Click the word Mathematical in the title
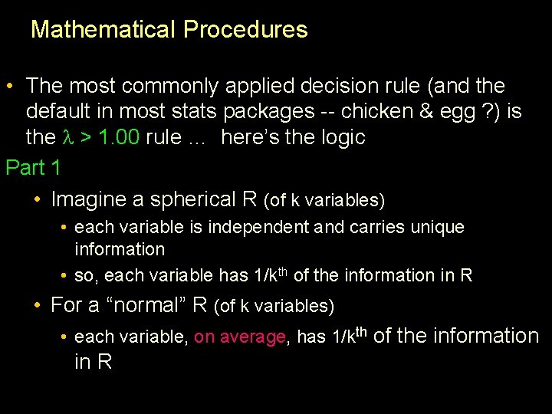pyautogui.click(x=103, y=30)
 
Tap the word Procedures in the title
pyautogui.click(x=245, y=30)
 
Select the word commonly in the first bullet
pyautogui.click(x=174, y=85)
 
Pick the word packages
pyautogui.click(x=268, y=112)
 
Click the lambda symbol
pyautogui.click(x=65, y=139)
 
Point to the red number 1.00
pyautogui.click(x=117, y=139)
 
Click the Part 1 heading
pyautogui.click(x=33, y=166)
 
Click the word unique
pyautogui.click(x=438, y=228)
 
